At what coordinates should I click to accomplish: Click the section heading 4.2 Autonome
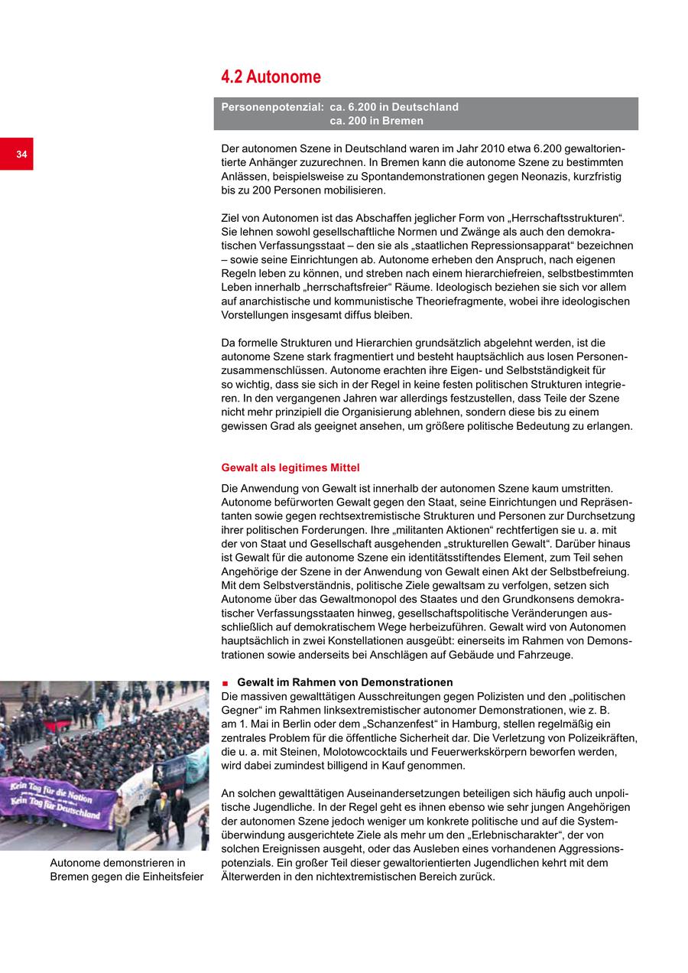coord(271,77)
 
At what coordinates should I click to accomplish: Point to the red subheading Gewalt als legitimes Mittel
coord(290,467)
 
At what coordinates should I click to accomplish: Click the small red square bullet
coord(225,682)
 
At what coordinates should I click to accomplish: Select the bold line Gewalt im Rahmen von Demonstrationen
coord(345,682)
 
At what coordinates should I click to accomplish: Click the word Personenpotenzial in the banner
coord(271,107)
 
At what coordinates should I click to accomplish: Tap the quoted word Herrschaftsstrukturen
coord(563,218)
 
